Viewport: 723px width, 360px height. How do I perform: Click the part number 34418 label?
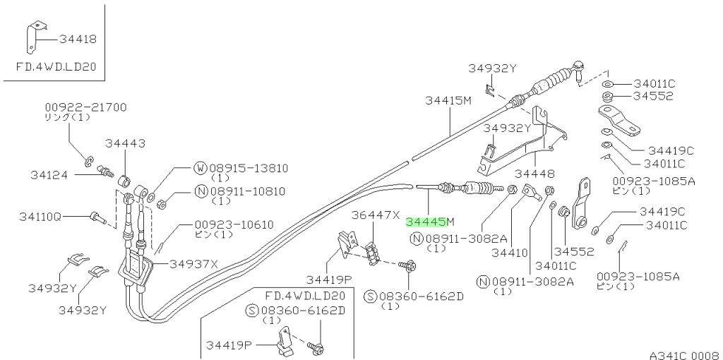78,40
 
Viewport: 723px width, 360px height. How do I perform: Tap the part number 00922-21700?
85,107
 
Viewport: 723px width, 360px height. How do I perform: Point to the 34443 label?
125,143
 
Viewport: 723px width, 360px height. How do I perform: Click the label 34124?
49,174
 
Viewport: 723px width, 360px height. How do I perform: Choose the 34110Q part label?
40,216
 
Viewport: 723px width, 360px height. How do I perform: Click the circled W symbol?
200,168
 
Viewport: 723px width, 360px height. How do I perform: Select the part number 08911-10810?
247,191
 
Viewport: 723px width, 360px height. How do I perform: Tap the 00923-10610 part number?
234,224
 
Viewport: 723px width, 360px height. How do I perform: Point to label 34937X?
193,264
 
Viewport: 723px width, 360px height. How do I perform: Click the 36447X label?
376,215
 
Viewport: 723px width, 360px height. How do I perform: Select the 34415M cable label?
448,100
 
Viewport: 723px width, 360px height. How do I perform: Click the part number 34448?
534,174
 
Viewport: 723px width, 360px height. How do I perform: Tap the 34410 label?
509,253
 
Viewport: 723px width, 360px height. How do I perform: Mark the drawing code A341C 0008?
683,355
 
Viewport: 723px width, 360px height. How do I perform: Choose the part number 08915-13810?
249,168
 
